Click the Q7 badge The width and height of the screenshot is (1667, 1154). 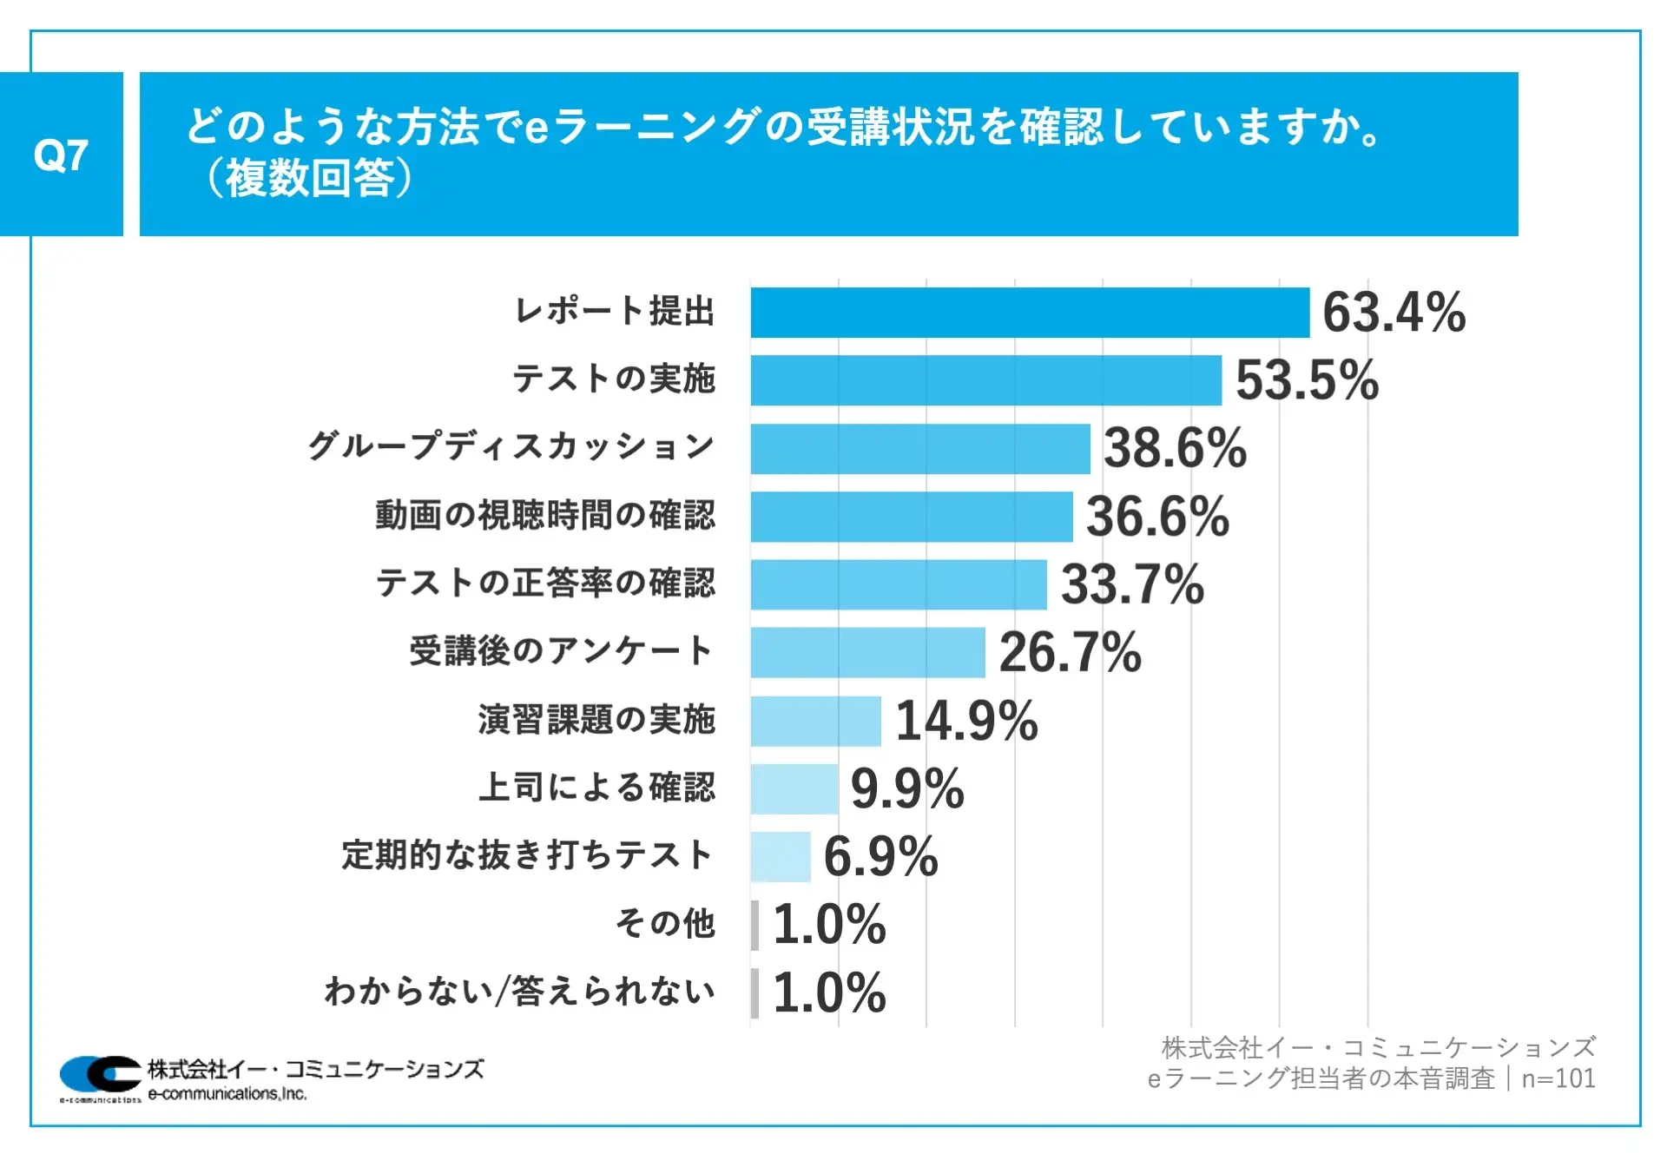tap(61, 155)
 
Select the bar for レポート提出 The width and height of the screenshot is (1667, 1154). tap(1030, 313)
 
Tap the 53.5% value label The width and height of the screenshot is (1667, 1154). tap(1307, 380)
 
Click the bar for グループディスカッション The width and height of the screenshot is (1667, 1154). tap(920, 449)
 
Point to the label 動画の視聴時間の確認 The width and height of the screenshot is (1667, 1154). tap(545, 516)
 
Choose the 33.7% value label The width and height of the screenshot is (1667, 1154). tap(1132, 584)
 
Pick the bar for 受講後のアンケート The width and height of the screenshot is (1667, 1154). tap(868, 652)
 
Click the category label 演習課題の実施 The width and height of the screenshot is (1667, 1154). tap(596, 720)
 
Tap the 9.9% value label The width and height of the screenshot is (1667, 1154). tap(907, 788)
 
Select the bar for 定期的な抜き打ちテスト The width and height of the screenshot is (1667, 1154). tap(781, 857)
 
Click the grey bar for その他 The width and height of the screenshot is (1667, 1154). tap(755, 925)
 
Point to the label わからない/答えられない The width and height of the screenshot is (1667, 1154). tap(519, 992)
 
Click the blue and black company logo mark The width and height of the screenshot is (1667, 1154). tap(100, 1075)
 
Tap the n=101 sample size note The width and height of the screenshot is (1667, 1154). tap(1558, 1078)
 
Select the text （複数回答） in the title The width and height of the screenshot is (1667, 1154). tap(309, 179)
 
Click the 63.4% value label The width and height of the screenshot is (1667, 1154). tap(1394, 313)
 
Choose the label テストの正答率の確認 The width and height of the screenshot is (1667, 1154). tap(545, 584)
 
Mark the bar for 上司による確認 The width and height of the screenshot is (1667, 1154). tap(794, 788)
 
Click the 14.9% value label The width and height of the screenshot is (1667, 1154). tap(966, 721)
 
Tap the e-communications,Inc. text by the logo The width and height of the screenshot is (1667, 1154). tap(227, 1094)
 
